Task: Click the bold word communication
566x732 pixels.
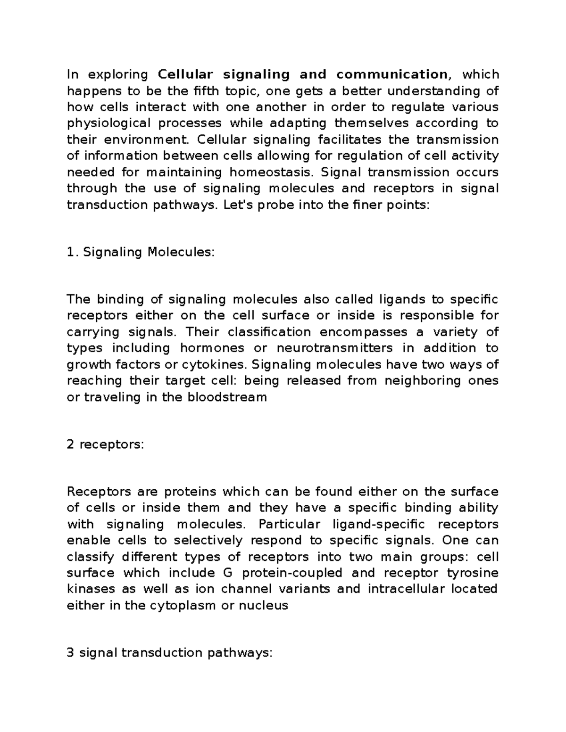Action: pos(391,74)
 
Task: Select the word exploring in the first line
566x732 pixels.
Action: pos(118,74)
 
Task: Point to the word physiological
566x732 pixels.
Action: pos(108,123)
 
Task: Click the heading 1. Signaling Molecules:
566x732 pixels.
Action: pos(141,252)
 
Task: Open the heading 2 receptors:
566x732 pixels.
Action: pos(105,444)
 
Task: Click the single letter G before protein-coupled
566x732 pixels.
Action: pos(225,573)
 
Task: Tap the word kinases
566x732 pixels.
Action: pos(91,589)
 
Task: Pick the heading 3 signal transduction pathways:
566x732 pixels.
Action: pos(170,653)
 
